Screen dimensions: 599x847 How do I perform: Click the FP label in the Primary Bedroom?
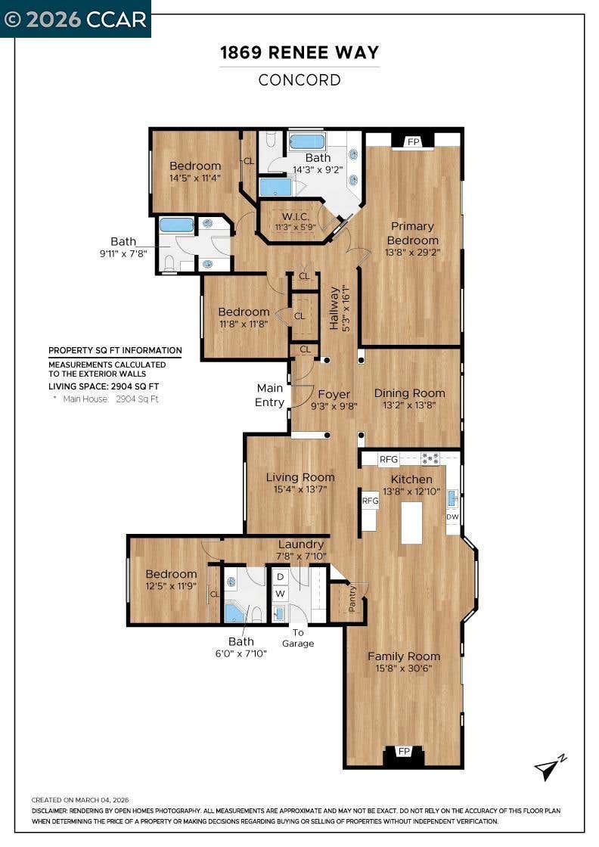coord(413,142)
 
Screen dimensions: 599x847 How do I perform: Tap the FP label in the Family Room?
coord(403,752)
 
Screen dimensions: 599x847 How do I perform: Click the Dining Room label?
coord(409,393)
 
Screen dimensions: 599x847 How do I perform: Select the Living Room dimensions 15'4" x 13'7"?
coord(300,489)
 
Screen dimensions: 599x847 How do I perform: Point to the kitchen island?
coord(411,523)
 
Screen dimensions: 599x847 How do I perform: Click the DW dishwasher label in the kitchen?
coord(452,517)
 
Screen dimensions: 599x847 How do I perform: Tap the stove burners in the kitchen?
coord(430,458)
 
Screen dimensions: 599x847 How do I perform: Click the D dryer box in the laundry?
coord(280,577)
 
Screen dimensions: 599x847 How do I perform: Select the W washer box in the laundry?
coord(280,594)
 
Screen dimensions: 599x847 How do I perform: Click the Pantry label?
coord(352,598)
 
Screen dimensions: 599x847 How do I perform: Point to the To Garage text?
coord(298,638)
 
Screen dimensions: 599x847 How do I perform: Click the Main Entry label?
coord(270,395)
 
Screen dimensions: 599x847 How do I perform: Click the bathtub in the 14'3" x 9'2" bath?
coord(307,142)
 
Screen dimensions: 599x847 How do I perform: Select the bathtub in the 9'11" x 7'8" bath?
coord(177,226)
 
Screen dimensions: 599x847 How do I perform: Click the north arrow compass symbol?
coord(549,767)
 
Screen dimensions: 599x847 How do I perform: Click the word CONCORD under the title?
coord(299,80)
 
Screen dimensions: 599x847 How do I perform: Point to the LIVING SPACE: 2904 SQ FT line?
coord(104,386)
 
